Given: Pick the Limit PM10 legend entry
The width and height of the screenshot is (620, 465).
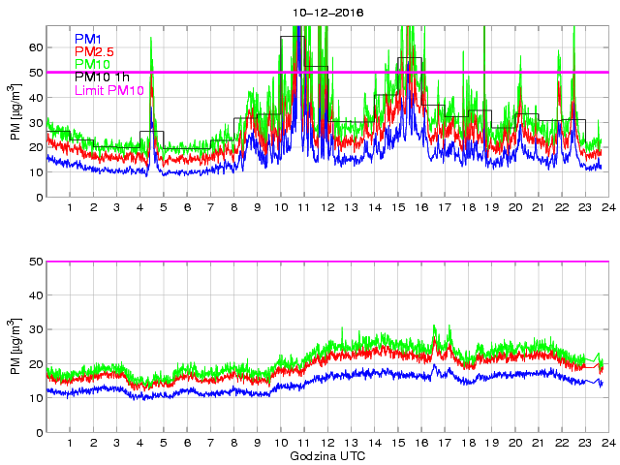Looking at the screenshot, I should coord(108,90).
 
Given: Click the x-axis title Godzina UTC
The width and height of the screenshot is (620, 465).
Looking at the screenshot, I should coord(326,455).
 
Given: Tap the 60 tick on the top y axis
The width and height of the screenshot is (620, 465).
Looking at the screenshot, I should coord(36,46).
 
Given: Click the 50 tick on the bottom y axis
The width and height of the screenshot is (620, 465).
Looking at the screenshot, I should coord(36,262).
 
